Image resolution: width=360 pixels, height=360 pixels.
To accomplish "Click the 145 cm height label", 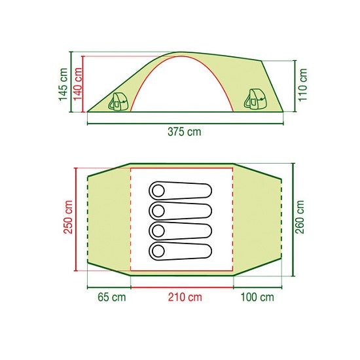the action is (x=63, y=84).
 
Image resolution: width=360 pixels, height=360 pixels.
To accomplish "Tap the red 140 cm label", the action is (x=78, y=84).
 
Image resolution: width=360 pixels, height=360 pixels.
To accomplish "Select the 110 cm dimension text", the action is (x=302, y=84).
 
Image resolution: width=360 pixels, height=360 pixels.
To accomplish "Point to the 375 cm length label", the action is (x=185, y=132).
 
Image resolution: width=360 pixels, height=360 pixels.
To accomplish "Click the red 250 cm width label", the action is (x=68, y=217).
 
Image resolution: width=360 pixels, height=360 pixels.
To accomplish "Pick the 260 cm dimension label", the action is (x=300, y=217).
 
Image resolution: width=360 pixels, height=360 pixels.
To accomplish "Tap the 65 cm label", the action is (x=112, y=297).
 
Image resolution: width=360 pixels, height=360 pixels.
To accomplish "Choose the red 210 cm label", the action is (x=185, y=297).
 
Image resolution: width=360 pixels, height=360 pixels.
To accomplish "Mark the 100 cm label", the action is (x=257, y=297).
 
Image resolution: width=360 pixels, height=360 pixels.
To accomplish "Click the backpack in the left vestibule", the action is (x=118, y=101).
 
